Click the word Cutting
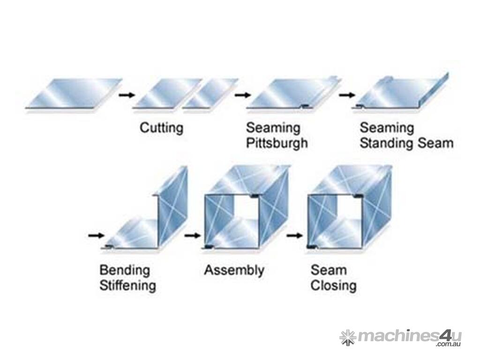(x=161, y=128)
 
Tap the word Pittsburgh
(x=277, y=143)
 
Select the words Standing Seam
(x=406, y=143)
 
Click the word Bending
(x=125, y=270)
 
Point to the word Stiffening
(x=127, y=285)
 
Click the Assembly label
(x=234, y=270)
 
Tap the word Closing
(x=333, y=285)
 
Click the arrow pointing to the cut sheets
(x=127, y=95)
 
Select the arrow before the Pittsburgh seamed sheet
(x=242, y=95)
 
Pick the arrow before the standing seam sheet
(x=347, y=95)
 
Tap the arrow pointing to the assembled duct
(x=192, y=235)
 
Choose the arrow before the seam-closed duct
(x=294, y=235)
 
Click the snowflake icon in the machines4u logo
(x=347, y=337)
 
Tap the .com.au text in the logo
(x=448, y=345)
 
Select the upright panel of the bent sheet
(x=172, y=206)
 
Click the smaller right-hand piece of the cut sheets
(x=210, y=94)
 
